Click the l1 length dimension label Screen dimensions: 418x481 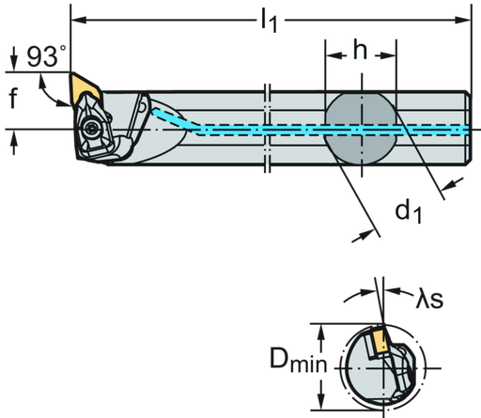271,22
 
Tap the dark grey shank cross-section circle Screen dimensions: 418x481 361,129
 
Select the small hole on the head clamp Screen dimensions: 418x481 142,111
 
